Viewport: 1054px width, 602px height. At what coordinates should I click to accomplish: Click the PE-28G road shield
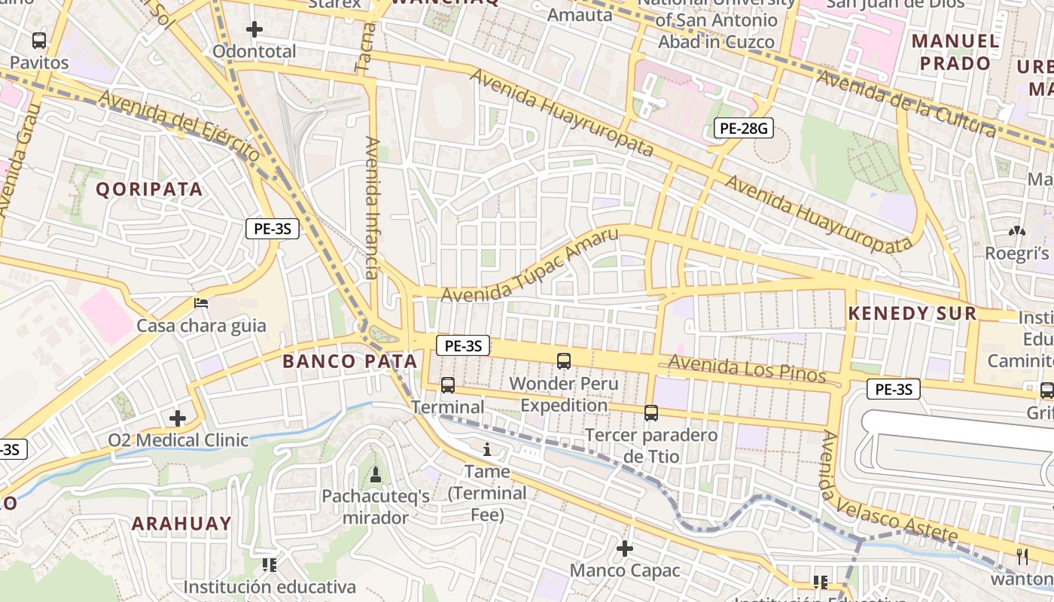click(744, 129)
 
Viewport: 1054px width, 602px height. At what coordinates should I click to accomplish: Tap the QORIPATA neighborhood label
click(150, 190)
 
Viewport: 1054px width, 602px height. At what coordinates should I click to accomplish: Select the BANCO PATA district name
click(350, 361)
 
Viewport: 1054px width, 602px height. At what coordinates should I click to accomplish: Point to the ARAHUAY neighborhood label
click(182, 524)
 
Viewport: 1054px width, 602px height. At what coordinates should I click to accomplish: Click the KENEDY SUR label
click(912, 314)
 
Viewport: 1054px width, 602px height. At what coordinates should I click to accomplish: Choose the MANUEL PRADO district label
click(956, 52)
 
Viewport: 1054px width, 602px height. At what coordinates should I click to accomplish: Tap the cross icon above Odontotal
click(254, 29)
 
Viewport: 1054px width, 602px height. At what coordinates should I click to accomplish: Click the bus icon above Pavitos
click(39, 41)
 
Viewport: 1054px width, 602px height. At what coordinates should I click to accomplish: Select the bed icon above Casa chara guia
click(201, 303)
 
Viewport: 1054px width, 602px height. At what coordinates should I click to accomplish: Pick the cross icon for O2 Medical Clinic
click(178, 418)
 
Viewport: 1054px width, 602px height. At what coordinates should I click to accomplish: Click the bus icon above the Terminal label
click(448, 385)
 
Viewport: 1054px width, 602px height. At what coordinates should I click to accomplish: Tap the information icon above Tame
click(487, 450)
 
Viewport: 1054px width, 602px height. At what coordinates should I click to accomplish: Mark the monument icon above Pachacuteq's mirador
click(375, 475)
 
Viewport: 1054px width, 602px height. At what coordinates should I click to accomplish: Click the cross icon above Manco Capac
click(625, 549)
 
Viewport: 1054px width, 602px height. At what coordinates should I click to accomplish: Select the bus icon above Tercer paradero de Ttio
click(651, 413)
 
